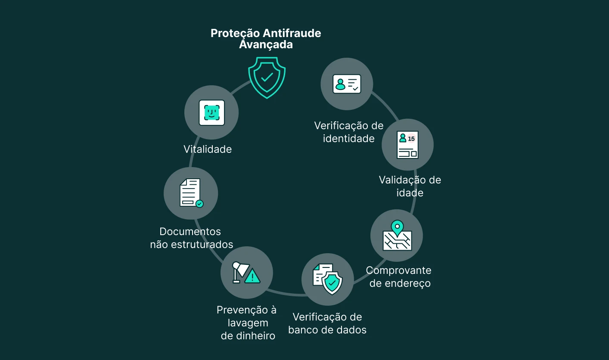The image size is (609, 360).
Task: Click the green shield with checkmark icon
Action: coord(267,78)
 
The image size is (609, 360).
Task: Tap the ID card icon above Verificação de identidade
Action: coord(347,84)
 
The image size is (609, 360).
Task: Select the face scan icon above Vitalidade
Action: coord(211,113)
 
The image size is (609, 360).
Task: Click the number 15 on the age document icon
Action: coord(411,139)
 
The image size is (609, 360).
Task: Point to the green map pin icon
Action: coord(397,227)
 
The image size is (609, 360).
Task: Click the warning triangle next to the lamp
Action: coord(252,276)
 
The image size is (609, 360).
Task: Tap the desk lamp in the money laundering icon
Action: coord(238,271)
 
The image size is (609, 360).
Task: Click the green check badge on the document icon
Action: coord(199,204)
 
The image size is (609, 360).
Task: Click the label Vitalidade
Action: coord(208,149)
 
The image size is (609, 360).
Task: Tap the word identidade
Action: coord(348,139)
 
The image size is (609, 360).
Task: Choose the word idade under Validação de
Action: coord(410,193)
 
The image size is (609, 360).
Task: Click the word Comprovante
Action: coord(398,270)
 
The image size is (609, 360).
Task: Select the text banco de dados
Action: coord(327,330)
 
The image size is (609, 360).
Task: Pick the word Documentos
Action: coord(190,232)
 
